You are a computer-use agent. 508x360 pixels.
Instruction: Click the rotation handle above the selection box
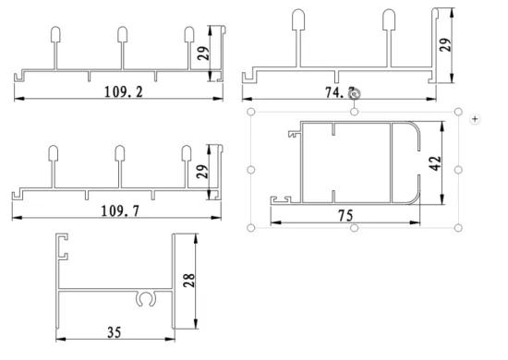[x=355, y=91]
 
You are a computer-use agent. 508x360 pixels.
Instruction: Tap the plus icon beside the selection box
[x=475, y=119]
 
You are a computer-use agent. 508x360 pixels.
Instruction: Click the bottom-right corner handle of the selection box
[x=459, y=228]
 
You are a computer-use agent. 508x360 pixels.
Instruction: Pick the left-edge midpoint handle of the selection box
[x=252, y=170]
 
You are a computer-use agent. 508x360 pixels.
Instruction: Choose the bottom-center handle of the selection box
[x=356, y=228]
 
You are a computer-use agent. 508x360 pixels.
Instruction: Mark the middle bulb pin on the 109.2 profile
[x=122, y=35]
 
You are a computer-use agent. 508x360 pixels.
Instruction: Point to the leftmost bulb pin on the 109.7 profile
[x=54, y=152]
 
